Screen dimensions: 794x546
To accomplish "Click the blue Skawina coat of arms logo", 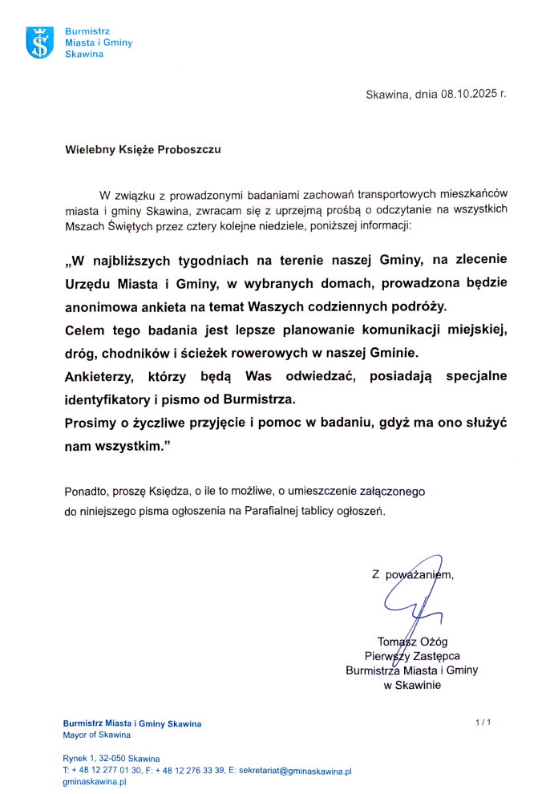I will pos(40,43).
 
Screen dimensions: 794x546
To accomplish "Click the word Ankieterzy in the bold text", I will pos(101,376).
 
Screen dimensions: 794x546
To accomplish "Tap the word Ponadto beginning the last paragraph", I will pos(85,490).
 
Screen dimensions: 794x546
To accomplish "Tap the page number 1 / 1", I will pos(483,723).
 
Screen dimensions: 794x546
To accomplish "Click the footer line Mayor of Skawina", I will pos(96,735).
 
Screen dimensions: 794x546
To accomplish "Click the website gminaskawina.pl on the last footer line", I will pos(95,782).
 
